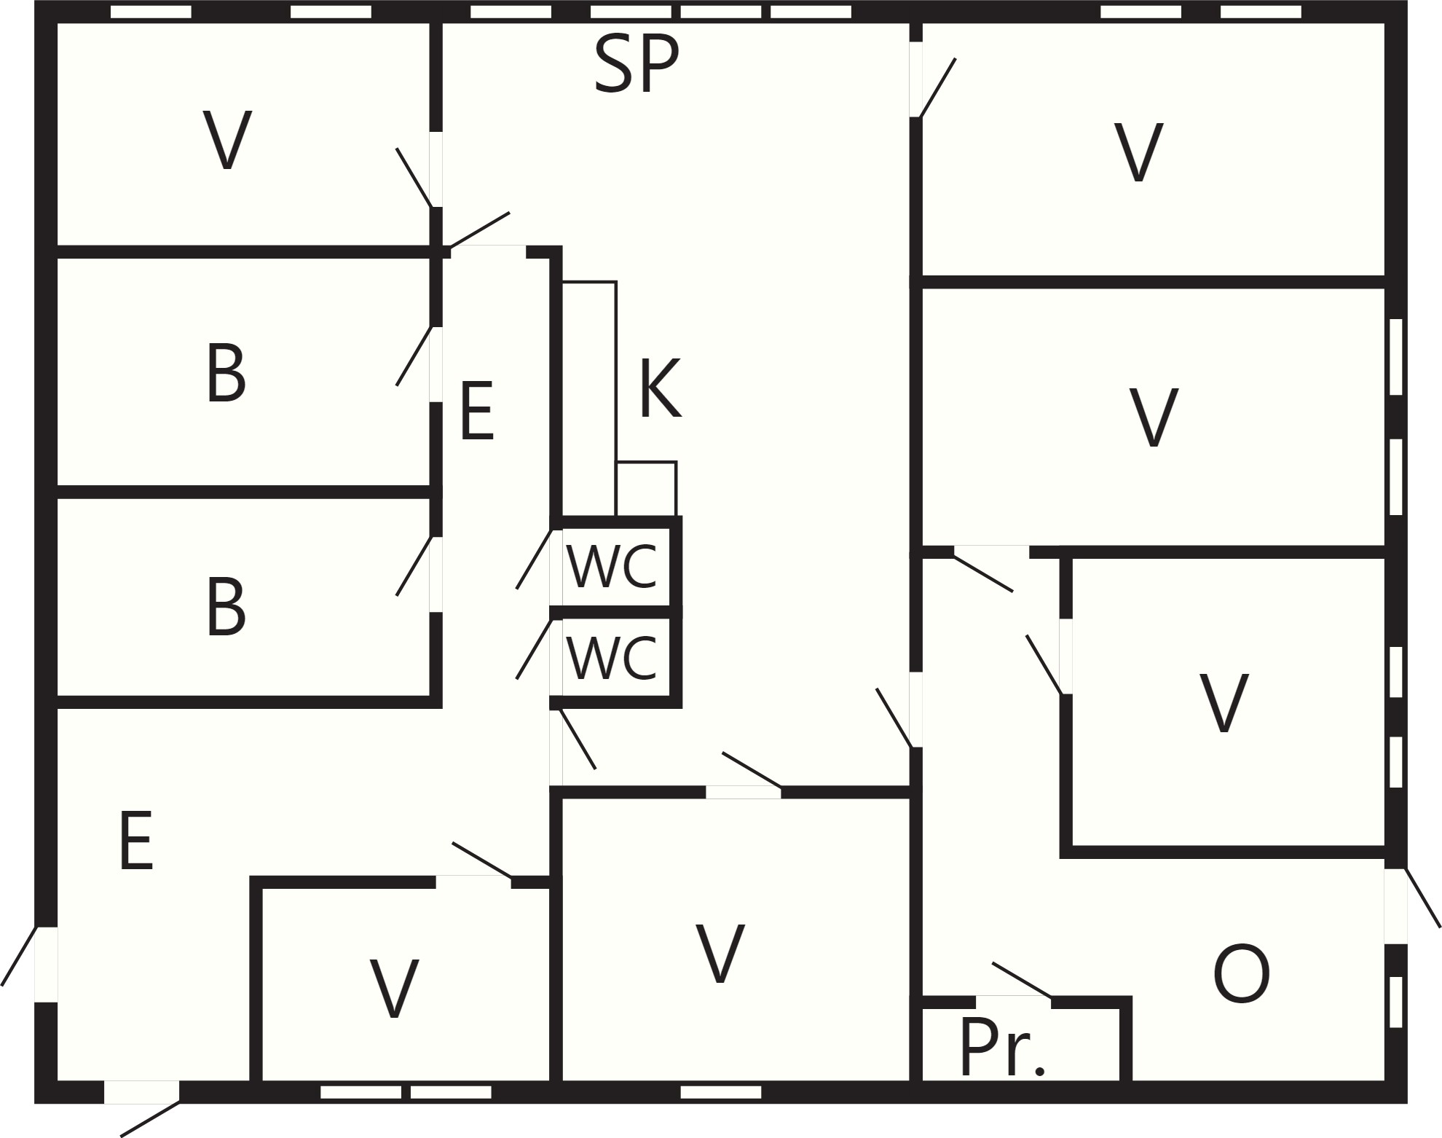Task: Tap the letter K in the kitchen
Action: click(x=661, y=388)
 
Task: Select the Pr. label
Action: click(x=1003, y=1047)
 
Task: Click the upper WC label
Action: click(x=612, y=567)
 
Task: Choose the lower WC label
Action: click(x=612, y=658)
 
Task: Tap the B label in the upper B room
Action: click(x=226, y=372)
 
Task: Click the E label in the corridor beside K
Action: click(x=478, y=411)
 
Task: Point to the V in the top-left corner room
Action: click(x=227, y=141)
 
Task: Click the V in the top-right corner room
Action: click(x=1138, y=152)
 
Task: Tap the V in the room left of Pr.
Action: click(x=720, y=953)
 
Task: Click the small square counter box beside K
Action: click(x=647, y=489)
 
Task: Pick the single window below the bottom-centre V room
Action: click(x=721, y=1092)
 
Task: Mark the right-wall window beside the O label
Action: click(x=1395, y=1002)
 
